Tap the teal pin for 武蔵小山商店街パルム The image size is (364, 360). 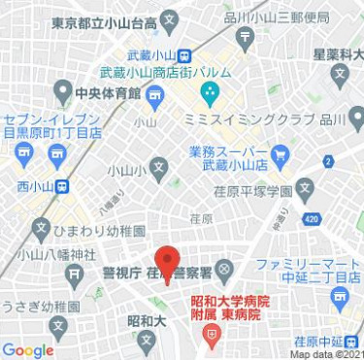point(209,94)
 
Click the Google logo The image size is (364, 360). point(28,349)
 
